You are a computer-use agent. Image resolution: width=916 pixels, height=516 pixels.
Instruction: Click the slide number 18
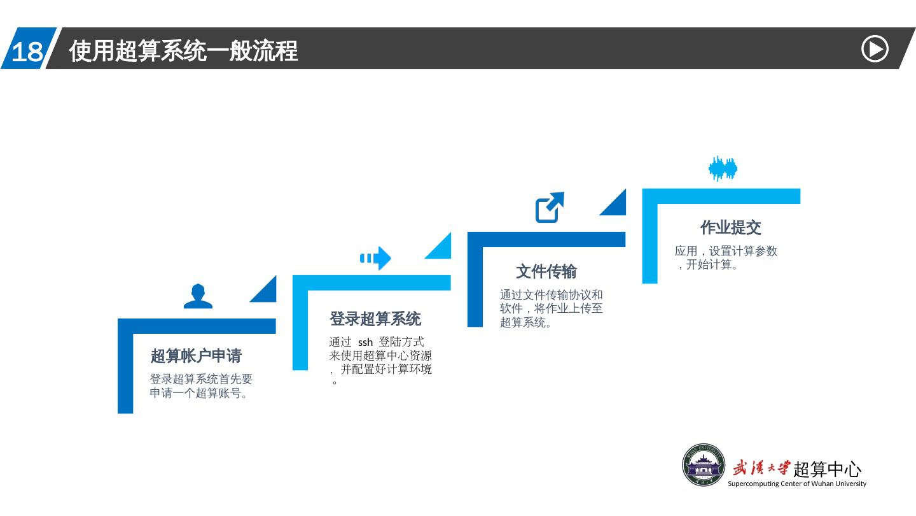pos(27,52)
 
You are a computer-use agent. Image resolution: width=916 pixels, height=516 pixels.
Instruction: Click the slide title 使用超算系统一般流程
pos(183,51)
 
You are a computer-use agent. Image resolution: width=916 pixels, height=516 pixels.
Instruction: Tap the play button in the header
pos(875,50)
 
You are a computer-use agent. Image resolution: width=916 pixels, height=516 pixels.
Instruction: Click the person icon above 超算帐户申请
pos(198,296)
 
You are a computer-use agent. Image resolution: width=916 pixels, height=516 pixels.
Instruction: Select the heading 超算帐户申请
pos(196,355)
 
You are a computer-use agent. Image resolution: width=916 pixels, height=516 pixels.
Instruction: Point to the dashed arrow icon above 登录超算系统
pos(375,258)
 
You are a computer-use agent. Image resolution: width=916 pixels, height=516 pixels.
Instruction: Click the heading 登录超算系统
pos(375,319)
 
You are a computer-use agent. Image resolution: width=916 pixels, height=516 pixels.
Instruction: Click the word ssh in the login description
pos(365,343)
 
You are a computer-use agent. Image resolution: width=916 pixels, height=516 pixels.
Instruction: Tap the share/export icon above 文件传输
pos(550,207)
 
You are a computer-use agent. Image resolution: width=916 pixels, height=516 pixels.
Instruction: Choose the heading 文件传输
pos(546,272)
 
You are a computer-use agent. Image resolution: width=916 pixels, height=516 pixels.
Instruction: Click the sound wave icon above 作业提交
pos(723,169)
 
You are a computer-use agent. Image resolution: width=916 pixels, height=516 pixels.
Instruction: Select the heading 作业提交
pos(730,227)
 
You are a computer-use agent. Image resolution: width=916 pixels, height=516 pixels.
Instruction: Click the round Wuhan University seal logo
pos(704,465)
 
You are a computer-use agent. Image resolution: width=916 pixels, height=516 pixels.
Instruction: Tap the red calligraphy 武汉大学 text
pos(761,468)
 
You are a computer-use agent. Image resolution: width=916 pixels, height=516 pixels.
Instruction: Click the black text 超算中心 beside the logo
pos(828,469)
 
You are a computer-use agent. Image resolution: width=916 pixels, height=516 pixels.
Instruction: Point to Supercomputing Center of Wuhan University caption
pos(796,484)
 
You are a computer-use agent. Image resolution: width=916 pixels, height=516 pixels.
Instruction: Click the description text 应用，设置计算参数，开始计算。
pos(726,257)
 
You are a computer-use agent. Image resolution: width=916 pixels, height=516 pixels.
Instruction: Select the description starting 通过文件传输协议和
pos(551,308)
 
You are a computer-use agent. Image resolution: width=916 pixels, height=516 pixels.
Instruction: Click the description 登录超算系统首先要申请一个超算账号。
pos(201,386)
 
